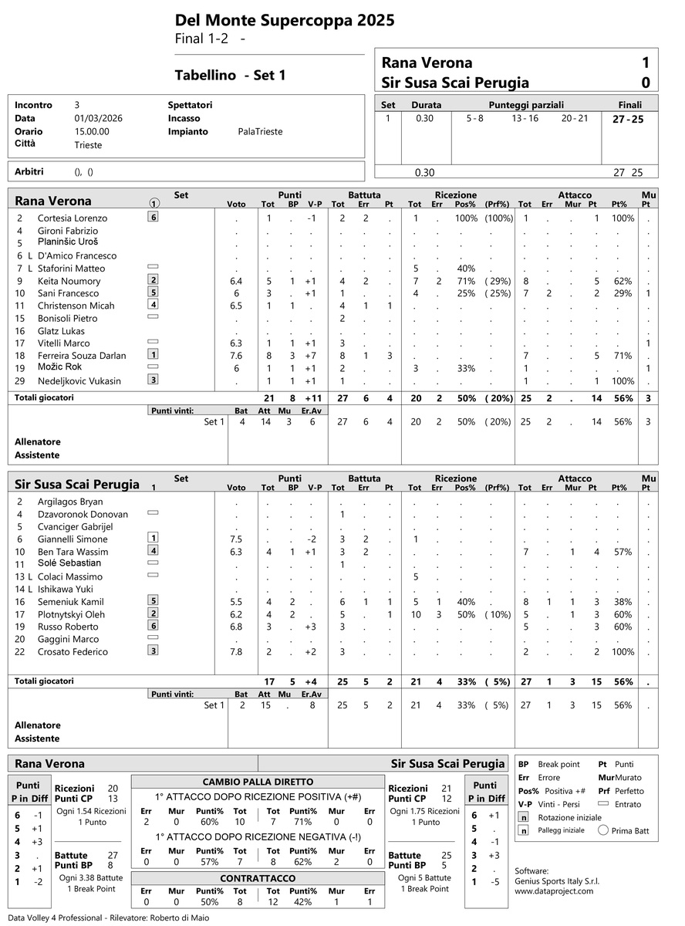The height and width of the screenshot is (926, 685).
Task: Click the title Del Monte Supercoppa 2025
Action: [x=285, y=21]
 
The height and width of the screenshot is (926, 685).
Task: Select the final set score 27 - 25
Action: [x=628, y=119]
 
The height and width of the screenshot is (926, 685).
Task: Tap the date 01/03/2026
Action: [x=98, y=118]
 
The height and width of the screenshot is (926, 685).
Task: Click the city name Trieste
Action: [x=88, y=144]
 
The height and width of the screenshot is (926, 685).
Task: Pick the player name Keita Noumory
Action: [x=69, y=281]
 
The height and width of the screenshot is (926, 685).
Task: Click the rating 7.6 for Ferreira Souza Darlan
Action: [x=236, y=356]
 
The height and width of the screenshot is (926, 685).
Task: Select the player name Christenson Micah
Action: [x=76, y=306]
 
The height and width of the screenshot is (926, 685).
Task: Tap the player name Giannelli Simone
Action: [x=73, y=539]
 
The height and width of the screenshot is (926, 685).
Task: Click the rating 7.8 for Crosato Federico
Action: [x=236, y=652]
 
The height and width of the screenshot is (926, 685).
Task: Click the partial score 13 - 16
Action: [x=525, y=119]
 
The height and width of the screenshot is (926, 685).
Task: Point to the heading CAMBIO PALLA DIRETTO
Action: [x=258, y=781]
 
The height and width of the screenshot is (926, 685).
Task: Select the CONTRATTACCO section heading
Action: [x=258, y=878]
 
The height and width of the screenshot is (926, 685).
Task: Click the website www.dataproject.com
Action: [x=554, y=891]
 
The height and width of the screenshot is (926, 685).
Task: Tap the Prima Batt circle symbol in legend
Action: [x=603, y=830]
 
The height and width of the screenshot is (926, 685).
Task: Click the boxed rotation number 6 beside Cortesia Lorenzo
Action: [x=154, y=218]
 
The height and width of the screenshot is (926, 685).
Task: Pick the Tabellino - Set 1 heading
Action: [x=230, y=75]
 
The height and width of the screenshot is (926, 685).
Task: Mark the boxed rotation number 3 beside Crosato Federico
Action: [x=154, y=651]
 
